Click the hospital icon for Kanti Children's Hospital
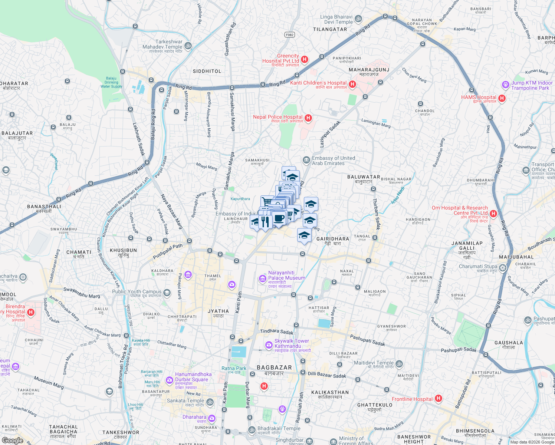point(352,85)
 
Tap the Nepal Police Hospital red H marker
point(308,118)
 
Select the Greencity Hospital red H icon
point(305,59)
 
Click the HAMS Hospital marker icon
point(502,98)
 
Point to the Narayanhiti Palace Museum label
point(286,276)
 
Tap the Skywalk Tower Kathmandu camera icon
point(269,345)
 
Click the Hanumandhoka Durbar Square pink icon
point(169,380)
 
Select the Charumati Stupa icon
point(503,268)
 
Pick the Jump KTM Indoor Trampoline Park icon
point(505,85)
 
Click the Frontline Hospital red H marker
point(439,399)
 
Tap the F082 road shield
point(290,35)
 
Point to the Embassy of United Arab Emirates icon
point(306,160)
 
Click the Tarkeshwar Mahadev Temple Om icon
point(188,46)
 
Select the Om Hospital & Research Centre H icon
point(493,214)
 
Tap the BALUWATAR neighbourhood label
point(363,177)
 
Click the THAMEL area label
point(213,276)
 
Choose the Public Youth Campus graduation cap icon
point(167,293)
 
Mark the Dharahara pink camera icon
point(211,418)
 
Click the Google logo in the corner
point(12,440)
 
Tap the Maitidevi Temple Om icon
point(399,364)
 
